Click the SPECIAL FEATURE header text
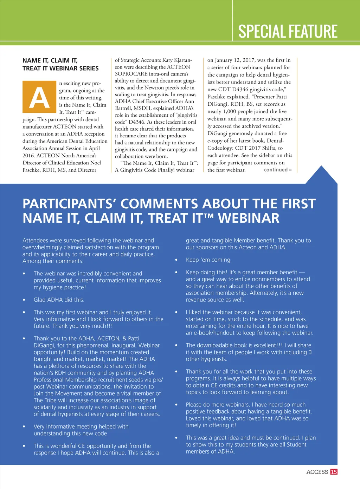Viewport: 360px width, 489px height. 288,31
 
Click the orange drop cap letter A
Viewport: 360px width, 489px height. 39,97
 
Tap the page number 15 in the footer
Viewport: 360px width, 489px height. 334,472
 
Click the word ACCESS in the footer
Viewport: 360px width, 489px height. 317,472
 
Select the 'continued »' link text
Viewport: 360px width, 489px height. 278,170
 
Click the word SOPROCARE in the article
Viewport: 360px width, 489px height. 131,74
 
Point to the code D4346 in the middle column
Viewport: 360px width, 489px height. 137,122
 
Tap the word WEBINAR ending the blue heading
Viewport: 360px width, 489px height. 249,218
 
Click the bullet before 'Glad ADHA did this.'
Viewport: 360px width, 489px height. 24,300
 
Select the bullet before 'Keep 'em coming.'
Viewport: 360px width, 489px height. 176,260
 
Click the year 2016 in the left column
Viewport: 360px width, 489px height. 29,156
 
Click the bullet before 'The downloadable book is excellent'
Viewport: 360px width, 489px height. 176,345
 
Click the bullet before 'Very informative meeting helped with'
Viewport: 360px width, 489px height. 24,426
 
